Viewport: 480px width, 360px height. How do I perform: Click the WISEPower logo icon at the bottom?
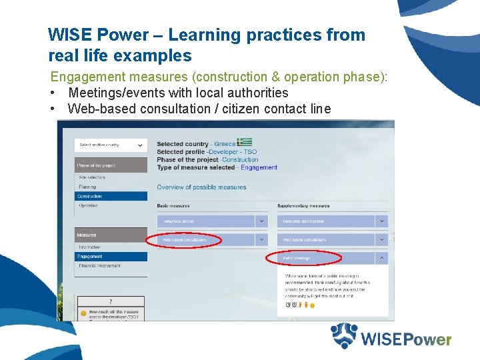coord(345,336)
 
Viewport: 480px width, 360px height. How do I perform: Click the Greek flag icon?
coord(245,143)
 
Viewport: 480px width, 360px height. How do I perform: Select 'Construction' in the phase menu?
coord(90,197)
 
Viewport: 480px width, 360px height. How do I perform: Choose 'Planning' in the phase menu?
coord(87,187)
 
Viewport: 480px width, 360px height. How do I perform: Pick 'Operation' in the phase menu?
coord(88,206)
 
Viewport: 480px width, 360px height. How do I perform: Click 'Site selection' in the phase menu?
coord(91,177)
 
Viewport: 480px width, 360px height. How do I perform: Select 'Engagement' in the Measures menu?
coord(90,257)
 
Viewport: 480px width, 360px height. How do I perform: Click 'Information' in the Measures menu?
coord(89,247)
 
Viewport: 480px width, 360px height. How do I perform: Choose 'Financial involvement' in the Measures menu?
coord(100,266)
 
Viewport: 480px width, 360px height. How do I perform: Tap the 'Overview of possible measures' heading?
coord(201,187)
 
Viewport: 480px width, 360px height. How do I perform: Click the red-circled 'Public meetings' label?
coord(297,258)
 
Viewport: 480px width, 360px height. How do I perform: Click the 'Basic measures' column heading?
coord(173,206)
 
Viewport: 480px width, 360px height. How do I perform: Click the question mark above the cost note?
coord(110,302)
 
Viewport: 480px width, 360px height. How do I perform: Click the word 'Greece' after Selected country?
coord(225,144)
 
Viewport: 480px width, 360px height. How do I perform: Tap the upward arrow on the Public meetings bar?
coord(381,258)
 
